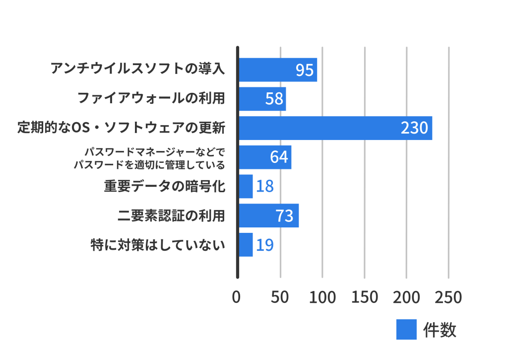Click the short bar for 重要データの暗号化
pyautogui.click(x=246, y=186)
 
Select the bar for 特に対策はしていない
pyautogui.click(x=246, y=245)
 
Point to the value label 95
pyautogui.click(x=305, y=70)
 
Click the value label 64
pyautogui.click(x=279, y=157)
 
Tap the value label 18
pyautogui.click(x=265, y=186)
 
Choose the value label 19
pyautogui.click(x=265, y=245)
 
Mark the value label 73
pyautogui.click(x=284, y=216)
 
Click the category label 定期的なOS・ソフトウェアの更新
pyautogui.click(x=122, y=128)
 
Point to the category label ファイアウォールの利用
pyautogui.click(x=151, y=98)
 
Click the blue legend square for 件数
pyautogui.click(x=406, y=330)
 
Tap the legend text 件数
pyautogui.click(x=440, y=330)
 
